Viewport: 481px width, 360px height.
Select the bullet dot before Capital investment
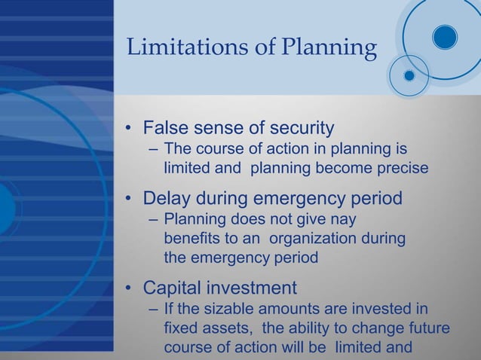(130, 288)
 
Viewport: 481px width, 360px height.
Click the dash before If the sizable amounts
(154, 310)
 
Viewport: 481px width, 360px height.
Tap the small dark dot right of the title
(409, 75)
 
